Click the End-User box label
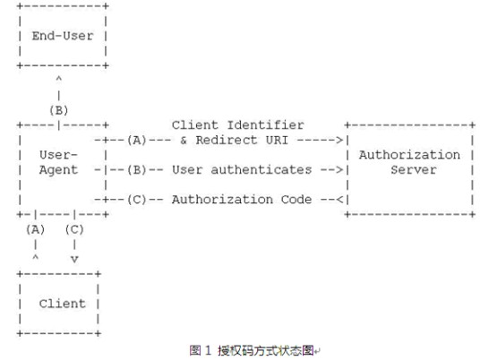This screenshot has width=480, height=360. (x=63, y=36)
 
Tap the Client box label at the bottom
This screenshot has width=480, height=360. (x=62, y=304)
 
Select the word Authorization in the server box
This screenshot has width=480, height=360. (x=409, y=155)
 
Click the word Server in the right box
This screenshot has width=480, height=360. (x=414, y=170)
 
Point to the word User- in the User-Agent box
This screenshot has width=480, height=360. (x=58, y=155)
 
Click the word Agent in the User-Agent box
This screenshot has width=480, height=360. (x=58, y=170)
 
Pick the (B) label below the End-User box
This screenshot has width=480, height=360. (x=59, y=110)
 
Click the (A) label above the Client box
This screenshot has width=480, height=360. (x=36, y=229)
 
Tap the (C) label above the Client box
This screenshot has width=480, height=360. (x=74, y=229)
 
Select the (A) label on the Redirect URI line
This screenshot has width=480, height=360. (x=137, y=141)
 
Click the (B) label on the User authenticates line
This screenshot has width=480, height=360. (x=137, y=170)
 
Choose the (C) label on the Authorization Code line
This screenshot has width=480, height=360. (x=137, y=200)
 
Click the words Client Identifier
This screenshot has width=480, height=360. (x=238, y=125)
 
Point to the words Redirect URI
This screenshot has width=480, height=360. (x=242, y=141)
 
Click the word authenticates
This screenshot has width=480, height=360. (x=261, y=170)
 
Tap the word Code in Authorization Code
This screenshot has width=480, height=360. (x=296, y=200)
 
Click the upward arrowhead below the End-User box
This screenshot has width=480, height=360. (x=59, y=79)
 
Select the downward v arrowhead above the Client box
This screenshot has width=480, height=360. (x=74, y=260)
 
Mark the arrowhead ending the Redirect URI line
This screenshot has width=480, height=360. (x=339, y=141)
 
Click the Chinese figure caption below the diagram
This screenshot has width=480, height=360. (x=254, y=350)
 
